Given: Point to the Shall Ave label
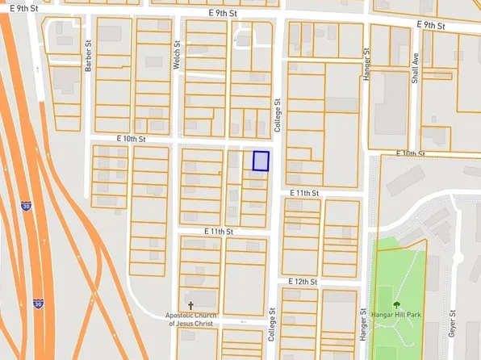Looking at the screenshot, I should pos(416,68).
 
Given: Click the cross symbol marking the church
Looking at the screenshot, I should pos(190,305).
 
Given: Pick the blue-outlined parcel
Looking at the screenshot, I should pos(261,161).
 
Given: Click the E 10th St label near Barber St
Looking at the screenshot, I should pos(130,139).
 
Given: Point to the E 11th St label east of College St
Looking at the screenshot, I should pos(304,194).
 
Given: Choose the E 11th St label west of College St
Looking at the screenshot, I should pos(218,232).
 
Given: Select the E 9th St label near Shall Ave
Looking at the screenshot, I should pos(432,25).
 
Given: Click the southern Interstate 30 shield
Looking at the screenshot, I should pos(39,304).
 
